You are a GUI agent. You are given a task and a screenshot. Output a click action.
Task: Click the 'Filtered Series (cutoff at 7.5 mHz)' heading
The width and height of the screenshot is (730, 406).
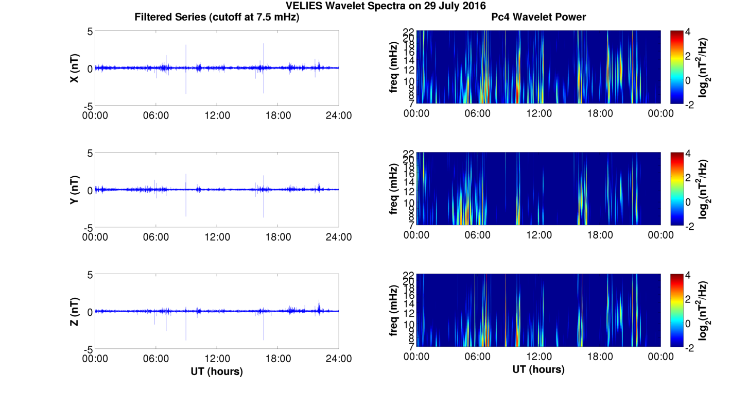217,17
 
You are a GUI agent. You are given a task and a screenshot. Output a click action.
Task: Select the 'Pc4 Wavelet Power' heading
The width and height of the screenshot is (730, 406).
538,17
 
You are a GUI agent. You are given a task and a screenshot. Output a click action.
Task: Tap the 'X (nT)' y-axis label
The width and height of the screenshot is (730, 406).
75,69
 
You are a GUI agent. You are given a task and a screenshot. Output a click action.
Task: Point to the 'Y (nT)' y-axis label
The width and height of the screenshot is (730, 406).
75,190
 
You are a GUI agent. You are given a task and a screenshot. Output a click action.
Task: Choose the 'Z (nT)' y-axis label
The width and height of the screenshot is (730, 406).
75,312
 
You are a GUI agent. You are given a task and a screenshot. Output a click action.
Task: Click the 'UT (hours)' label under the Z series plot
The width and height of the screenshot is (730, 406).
217,371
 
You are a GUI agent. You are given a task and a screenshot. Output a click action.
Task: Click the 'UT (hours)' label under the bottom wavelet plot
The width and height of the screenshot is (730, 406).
538,369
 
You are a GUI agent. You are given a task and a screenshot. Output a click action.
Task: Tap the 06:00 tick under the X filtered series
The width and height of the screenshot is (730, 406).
156,115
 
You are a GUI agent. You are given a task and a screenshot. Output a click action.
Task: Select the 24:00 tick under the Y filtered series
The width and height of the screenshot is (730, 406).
339,237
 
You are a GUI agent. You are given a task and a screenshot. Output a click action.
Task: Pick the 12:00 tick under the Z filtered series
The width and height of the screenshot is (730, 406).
217,359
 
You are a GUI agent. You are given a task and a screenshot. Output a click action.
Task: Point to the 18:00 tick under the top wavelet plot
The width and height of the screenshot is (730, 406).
600,113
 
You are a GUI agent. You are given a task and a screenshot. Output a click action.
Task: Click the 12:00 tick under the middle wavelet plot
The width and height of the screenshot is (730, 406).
538,235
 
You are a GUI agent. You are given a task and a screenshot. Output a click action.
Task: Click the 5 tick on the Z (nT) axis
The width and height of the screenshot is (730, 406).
90,275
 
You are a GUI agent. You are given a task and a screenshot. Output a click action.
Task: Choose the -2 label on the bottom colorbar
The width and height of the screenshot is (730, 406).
688,348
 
